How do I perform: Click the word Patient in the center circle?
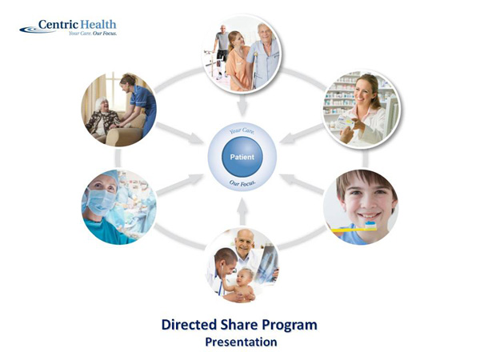[x=242, y=157]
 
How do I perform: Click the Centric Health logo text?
[x=77, y=25]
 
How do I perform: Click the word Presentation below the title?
[x=241, y=342]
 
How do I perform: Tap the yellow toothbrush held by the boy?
[x=353, y=227]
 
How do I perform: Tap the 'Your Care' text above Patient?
[x=241, y=130]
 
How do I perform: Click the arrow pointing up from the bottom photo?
[x=242, y=211]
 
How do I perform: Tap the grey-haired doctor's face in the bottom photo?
[x=245, y=241]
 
